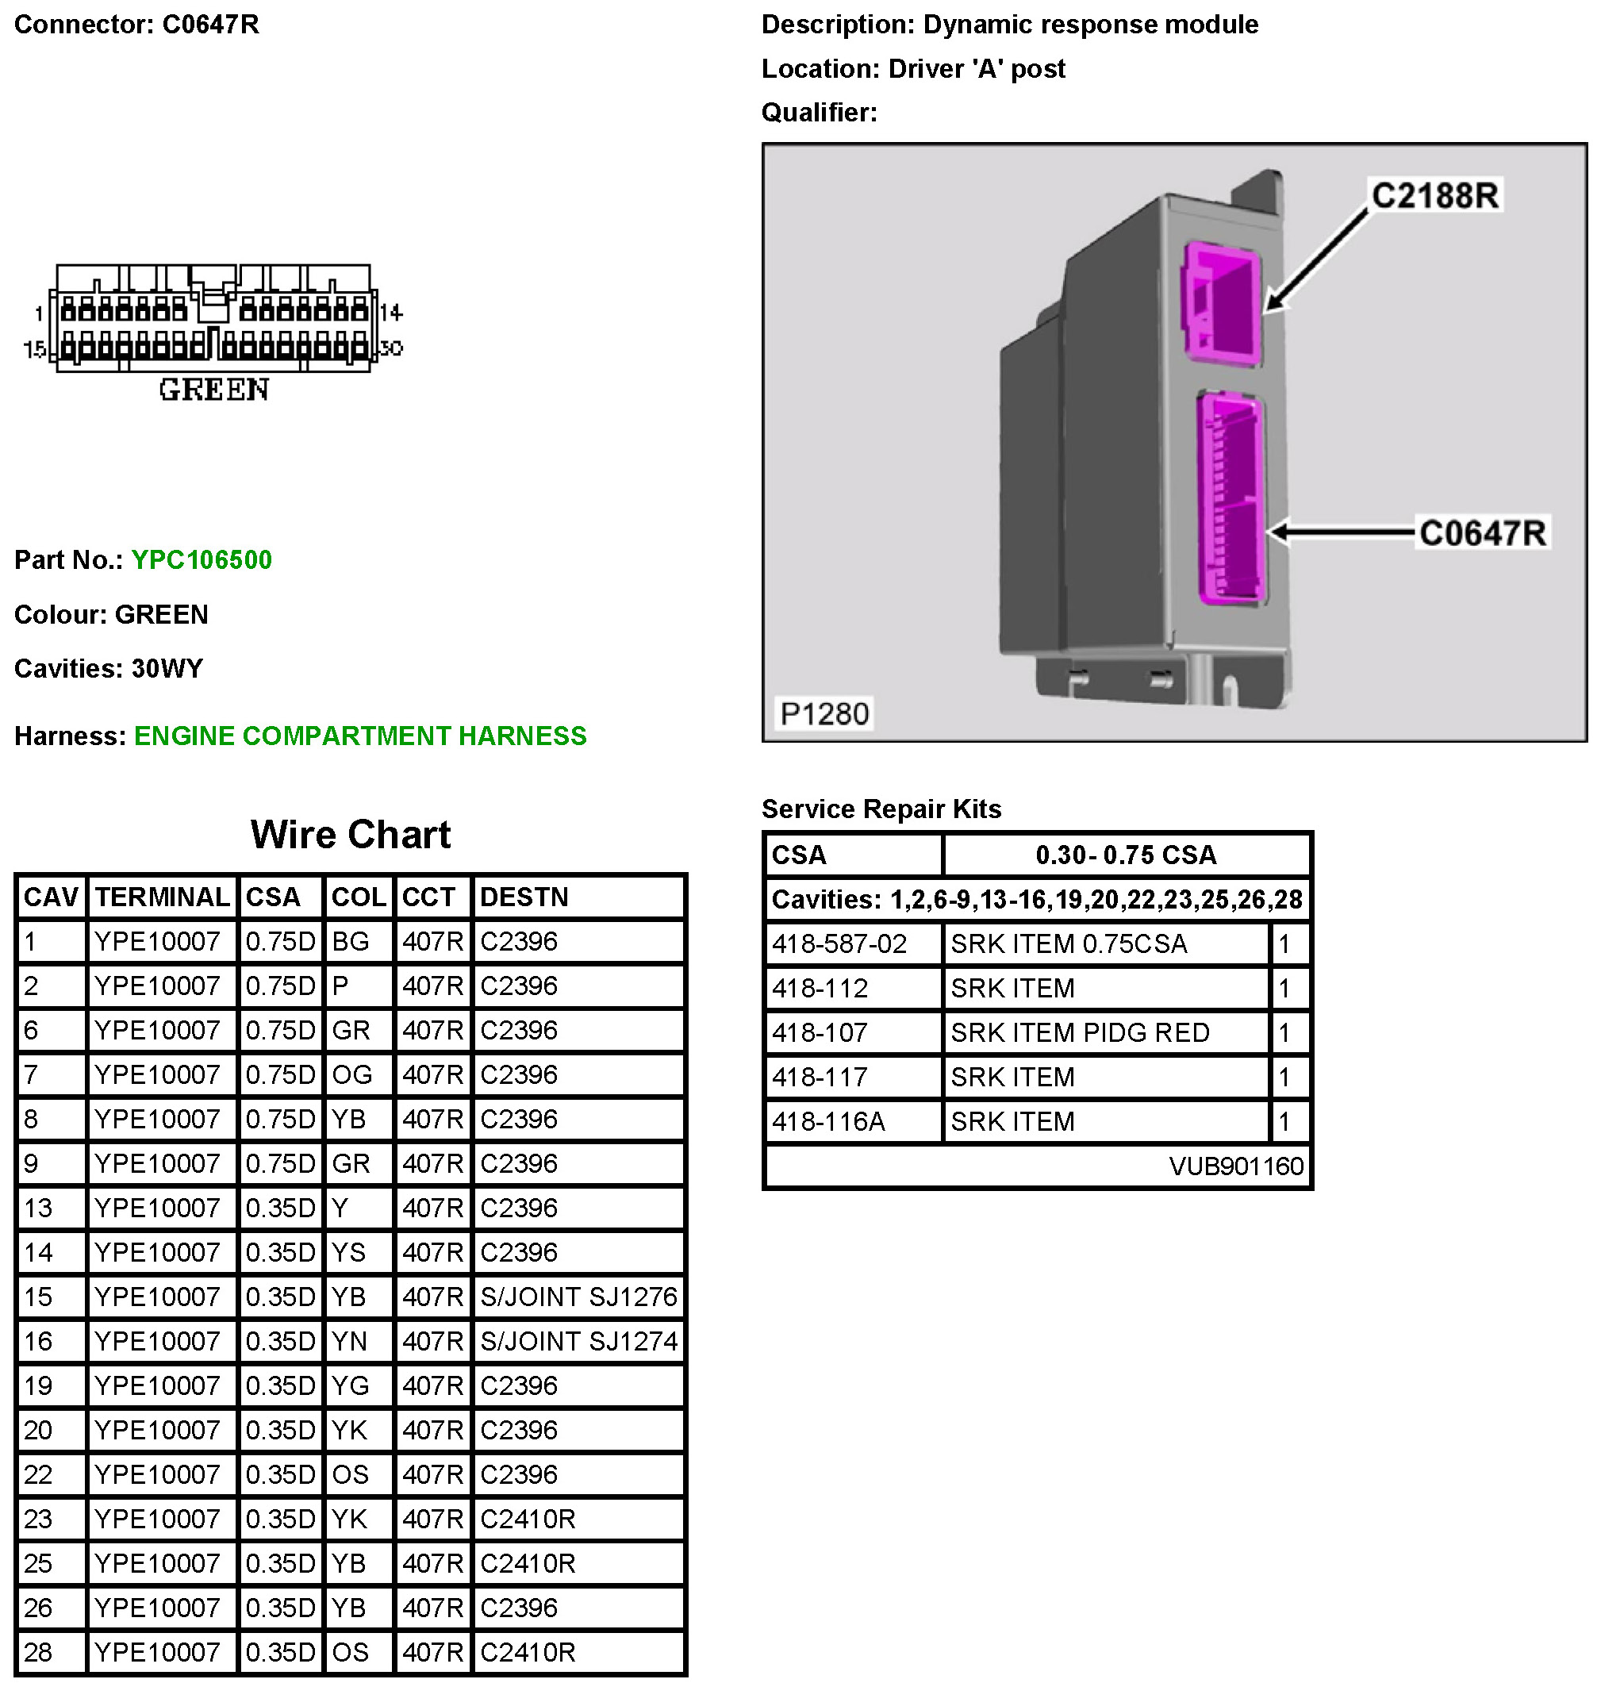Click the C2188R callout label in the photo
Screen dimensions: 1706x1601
click(1434, 196)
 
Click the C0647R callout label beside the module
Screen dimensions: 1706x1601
click(1482, 533)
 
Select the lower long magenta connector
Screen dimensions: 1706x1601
click(1232, 498)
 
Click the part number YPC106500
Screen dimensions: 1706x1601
click(202, 560)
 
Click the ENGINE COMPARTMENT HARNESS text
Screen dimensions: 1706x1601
click(360, 736)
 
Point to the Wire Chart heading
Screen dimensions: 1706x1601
click(350, 835)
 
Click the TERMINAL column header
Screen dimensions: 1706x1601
click(162, 897)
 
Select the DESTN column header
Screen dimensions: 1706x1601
click(524, 897)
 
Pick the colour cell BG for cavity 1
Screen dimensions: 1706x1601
click(350, 942)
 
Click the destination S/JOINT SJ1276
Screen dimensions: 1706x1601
click(579, 1297)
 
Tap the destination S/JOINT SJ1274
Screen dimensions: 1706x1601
click(579, 1342)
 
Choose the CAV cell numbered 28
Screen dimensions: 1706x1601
click(39, 1653)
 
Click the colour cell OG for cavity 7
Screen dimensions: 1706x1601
click(351, 1075)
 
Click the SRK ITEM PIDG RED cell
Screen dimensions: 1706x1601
click(1079, 1033)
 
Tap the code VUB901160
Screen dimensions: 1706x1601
click(1235, 1166)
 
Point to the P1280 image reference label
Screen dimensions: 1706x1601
click(824, 714)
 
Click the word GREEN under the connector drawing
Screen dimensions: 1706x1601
click(214, 390)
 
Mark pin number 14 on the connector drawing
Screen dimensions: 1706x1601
click(391, 313)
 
